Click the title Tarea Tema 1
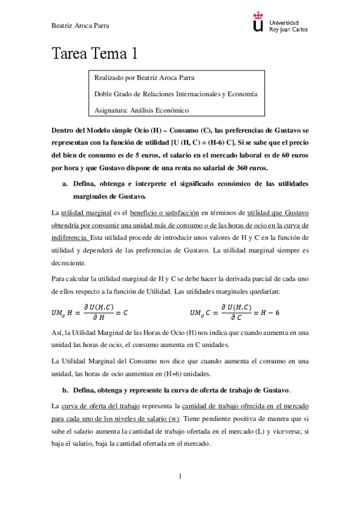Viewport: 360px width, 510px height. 95,54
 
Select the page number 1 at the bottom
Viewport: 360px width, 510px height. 180,476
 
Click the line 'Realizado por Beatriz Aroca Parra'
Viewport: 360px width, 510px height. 144,78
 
